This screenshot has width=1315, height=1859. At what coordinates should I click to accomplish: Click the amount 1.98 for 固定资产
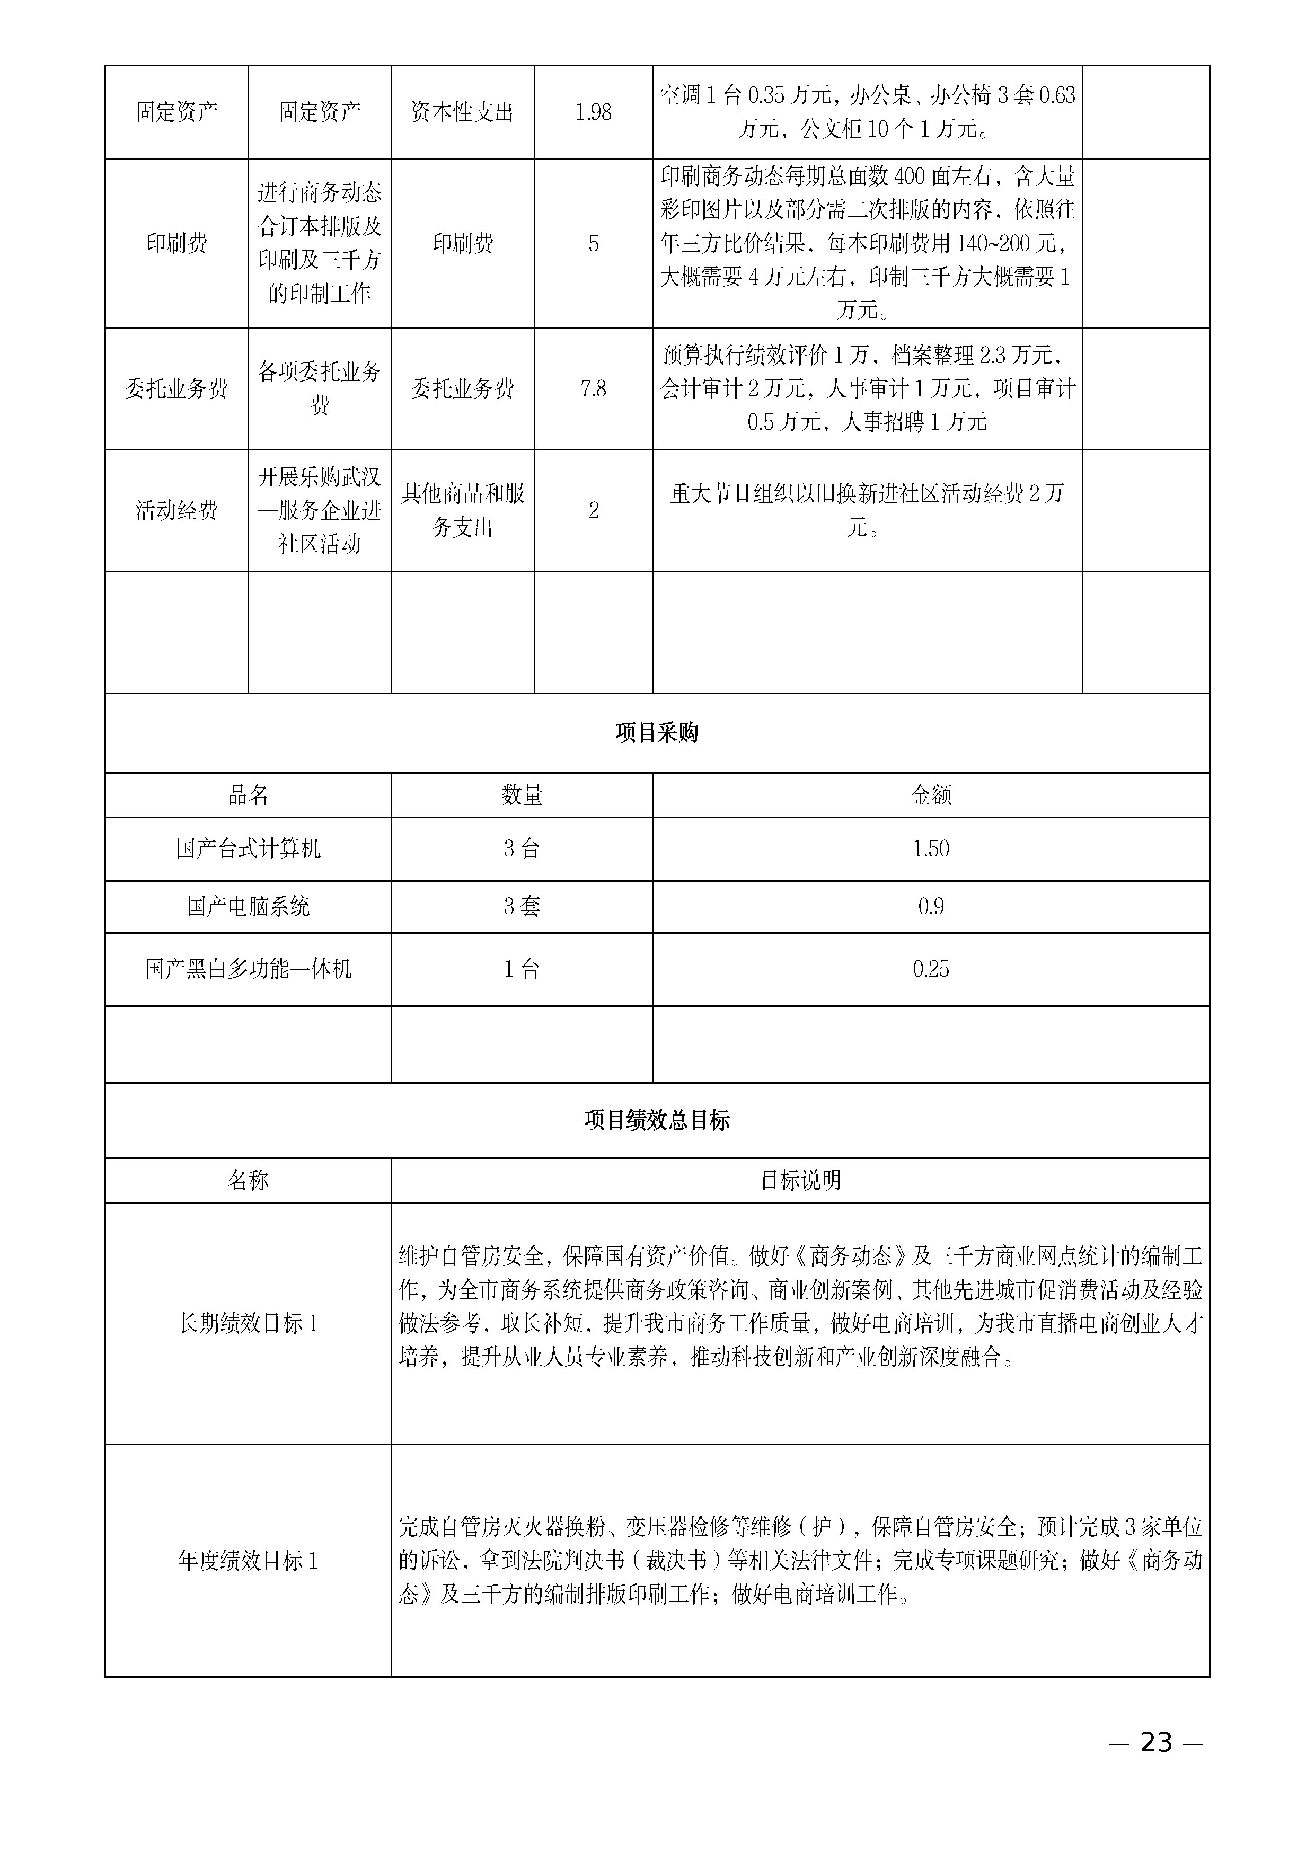pyautogui.click(x=594, y=112)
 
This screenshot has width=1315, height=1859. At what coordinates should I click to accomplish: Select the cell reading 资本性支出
pyautogui.click(x=462, y=112)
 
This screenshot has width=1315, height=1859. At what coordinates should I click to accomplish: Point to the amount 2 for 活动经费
pyautogui.click(x=594, y=511)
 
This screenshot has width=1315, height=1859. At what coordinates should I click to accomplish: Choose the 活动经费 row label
pyautogui.click(x=176, y=511)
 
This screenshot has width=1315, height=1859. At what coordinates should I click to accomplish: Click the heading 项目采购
pyautogui.click(x=657, y=733)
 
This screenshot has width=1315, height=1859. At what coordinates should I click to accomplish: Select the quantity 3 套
pyautogui.click(x=522, y=907)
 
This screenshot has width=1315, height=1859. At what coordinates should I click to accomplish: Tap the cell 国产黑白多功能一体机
pyautogui.click(x=248, y=969)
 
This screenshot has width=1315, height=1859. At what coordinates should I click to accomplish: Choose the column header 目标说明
pyautogui.click(x=800, y=1181)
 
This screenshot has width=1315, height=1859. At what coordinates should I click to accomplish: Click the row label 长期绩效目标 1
pyautogui.click(x=248, y=1324)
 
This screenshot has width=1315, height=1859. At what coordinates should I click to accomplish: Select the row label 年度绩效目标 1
pyautogui.click(x=248, y=1561)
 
